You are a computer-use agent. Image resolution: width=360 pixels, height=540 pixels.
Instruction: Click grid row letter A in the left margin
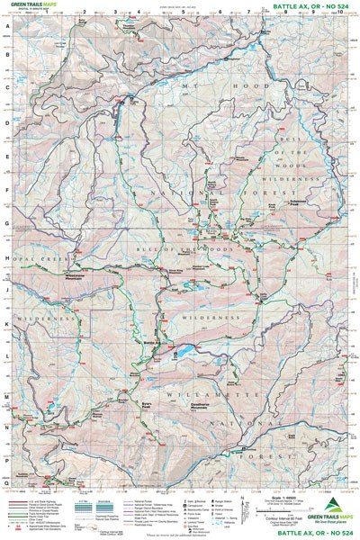[6, 28]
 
